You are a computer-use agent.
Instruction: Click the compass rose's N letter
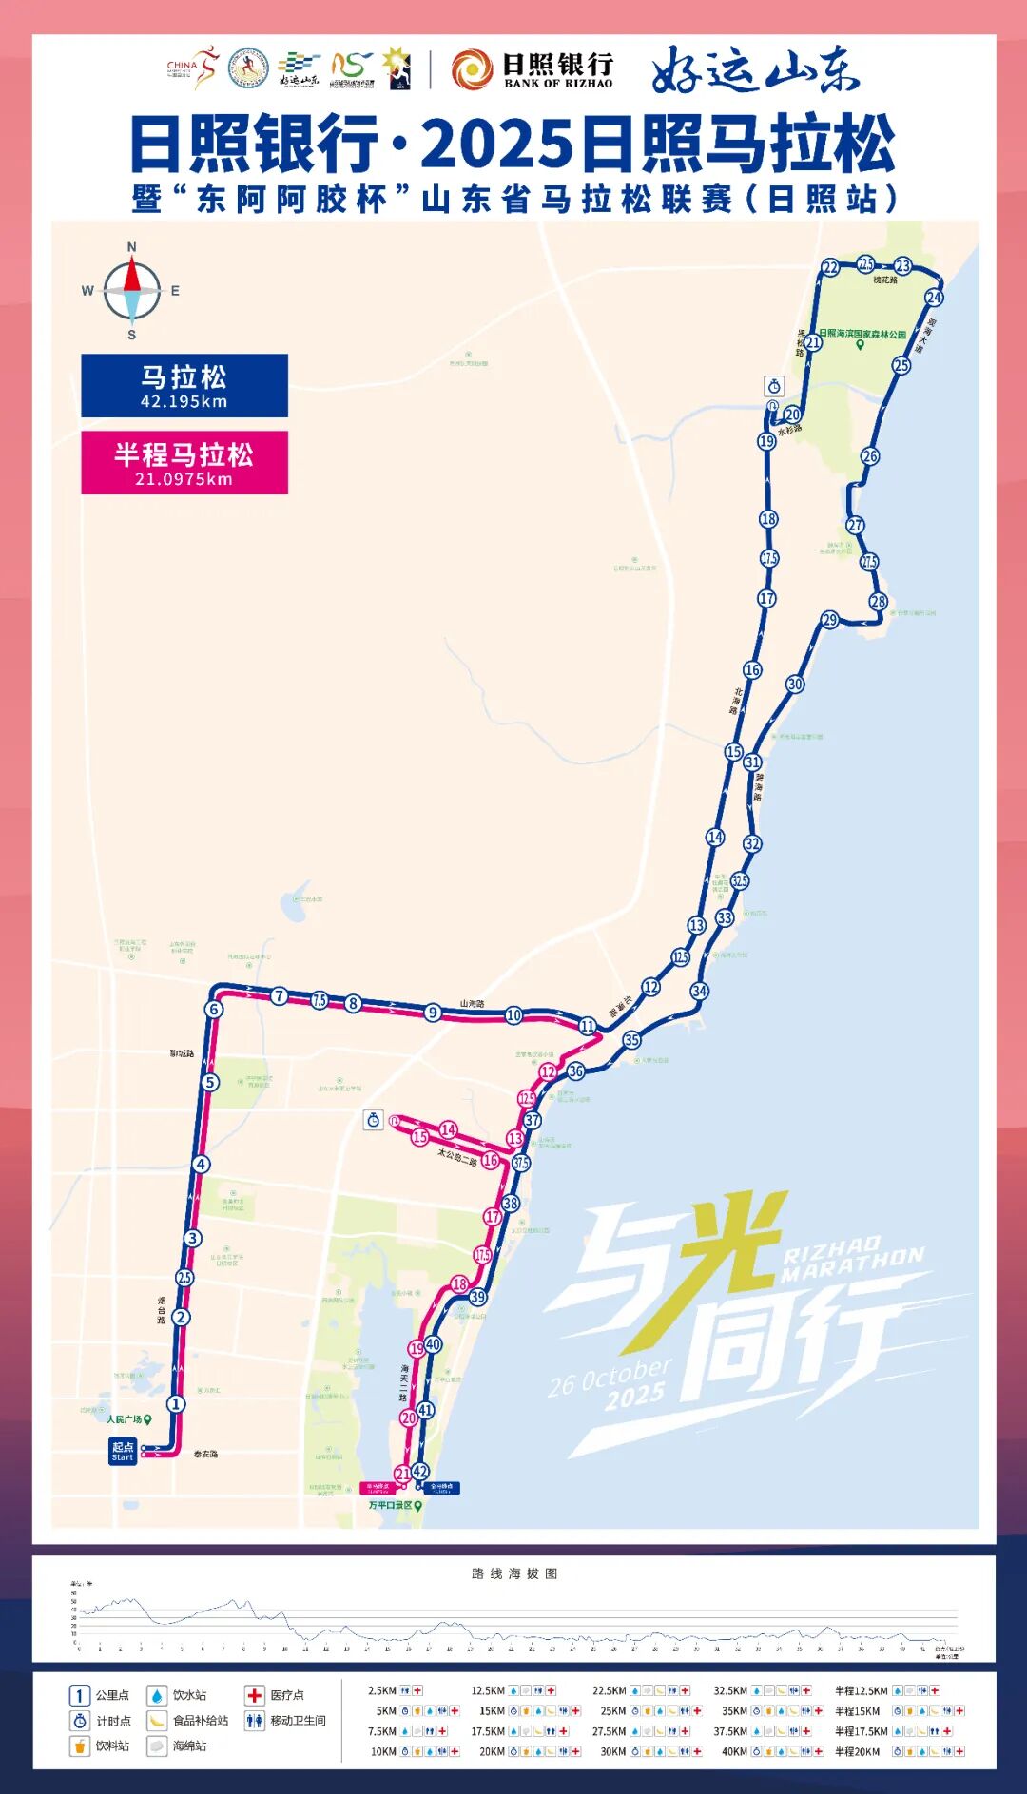tap(131, 247)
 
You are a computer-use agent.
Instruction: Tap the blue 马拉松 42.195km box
tap(184, 386)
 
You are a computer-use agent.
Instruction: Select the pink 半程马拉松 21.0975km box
tap(184, 463)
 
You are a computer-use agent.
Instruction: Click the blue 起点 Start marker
tap(123, 1451)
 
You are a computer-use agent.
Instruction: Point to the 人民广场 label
tap(125, 1419)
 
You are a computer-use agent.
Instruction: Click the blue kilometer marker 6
tap(214, 1010)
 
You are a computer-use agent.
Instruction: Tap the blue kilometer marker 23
tap(902, 266)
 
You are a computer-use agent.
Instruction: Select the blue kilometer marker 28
tap(878, 601)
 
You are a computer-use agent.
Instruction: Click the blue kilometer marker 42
tap(420, 1471)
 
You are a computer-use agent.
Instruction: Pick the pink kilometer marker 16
tap(491, 1160)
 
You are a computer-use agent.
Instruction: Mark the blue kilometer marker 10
tap(513, 1015)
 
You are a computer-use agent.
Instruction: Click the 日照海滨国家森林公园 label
tap(862, 335)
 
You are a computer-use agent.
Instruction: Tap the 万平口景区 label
tap(391, 1505)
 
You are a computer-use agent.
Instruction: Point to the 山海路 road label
tap(473, 1003)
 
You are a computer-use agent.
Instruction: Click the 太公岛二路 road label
tap(456, 1157)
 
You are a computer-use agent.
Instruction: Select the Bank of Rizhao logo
tap(532, 69)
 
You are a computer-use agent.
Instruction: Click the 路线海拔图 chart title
tap(514, 1573)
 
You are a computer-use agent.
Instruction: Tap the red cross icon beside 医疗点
tap(254, 1695)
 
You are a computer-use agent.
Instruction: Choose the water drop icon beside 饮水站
tap(156, 1695)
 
